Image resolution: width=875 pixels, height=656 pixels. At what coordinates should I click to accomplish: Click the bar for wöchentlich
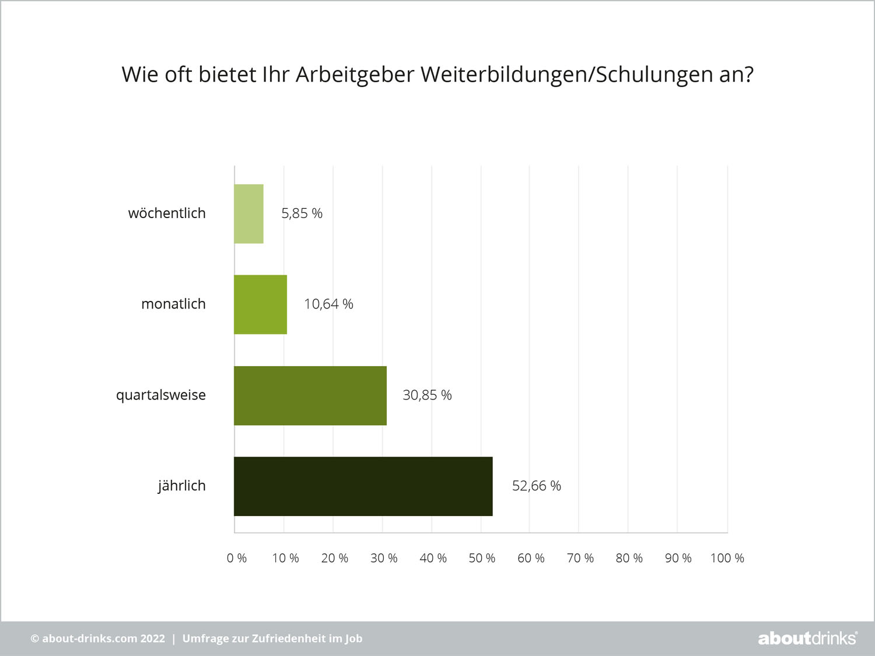249,213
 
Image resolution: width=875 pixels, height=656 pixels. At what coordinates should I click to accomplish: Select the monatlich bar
261,304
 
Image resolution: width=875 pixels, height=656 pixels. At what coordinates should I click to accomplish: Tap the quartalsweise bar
310,395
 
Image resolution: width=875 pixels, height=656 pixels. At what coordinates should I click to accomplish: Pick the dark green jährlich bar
363,486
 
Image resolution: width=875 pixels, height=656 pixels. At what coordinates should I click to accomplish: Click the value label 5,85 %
302,213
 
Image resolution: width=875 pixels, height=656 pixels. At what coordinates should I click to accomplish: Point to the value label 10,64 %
328,304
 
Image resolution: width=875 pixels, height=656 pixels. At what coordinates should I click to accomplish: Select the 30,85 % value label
427,395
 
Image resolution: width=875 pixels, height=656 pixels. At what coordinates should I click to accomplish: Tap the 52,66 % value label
536,486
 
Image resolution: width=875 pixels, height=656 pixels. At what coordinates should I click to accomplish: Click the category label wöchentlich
167,213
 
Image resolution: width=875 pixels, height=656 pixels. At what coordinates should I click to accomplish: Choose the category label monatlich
173,304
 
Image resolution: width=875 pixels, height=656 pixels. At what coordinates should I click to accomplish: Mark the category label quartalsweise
161,395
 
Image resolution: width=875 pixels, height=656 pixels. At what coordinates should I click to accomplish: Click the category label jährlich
181,486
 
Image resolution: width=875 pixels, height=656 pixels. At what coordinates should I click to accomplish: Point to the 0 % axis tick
237,558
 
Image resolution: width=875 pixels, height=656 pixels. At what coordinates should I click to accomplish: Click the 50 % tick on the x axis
482,558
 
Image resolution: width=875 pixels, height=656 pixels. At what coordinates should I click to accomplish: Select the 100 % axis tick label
727,558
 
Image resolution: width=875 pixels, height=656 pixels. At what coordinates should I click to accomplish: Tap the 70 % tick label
580,558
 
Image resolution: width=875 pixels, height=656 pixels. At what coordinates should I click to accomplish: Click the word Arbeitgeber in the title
355,75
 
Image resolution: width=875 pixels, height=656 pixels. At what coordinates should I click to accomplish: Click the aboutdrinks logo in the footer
807,639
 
